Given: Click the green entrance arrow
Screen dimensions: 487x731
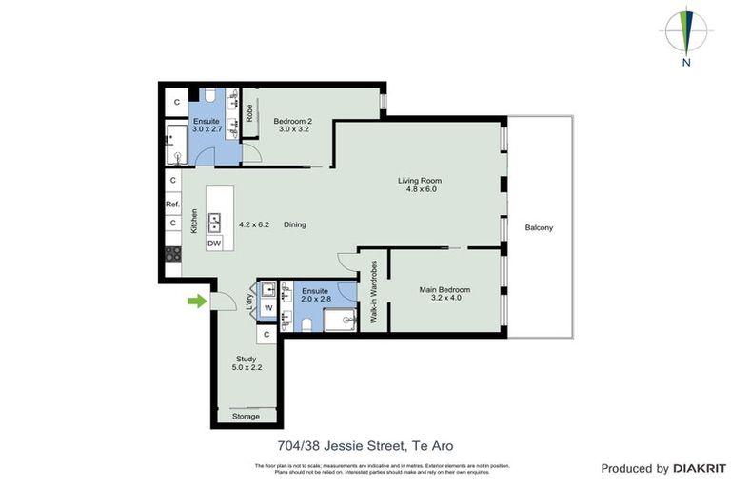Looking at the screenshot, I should point(196,302).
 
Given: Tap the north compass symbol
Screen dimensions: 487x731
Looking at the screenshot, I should point(686,35).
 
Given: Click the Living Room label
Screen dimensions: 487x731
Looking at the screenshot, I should point(420,181).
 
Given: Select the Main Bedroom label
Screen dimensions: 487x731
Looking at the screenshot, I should point(445,290).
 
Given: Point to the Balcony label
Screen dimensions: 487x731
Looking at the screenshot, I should point(539,228).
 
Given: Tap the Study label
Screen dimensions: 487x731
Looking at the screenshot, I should point(247,359).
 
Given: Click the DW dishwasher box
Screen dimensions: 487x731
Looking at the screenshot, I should point(214,243).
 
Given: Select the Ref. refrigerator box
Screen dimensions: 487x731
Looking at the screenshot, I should point(173,205).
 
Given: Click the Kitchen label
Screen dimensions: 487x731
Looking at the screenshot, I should point(193,222).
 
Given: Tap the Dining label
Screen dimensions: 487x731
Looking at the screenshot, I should point(294,225).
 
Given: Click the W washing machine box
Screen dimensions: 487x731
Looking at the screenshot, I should point(268,307).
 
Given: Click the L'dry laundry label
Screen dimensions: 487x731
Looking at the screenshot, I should point(250,302).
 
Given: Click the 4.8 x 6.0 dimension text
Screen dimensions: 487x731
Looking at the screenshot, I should point(420,190).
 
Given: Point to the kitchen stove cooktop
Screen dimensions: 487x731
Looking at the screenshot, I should point(173,254).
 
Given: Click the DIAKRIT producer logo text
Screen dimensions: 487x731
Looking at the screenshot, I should point(700,468).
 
